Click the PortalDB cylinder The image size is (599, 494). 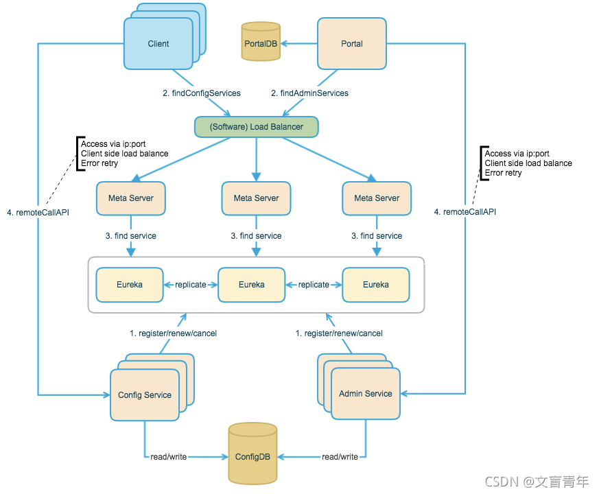261,41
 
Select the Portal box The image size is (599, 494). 352,43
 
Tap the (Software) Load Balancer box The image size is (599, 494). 257,127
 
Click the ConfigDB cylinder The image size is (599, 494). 252,454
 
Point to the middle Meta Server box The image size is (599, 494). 257,198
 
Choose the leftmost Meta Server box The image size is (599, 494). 131,198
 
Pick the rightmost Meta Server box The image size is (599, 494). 377,198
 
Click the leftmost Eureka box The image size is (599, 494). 130,285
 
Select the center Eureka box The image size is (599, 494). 251,285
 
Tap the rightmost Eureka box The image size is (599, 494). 376,285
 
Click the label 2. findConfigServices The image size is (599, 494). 202,93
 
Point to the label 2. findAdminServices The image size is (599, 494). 310,93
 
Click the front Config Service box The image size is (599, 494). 145,395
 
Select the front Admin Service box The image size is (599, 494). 366,394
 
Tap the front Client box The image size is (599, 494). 158,43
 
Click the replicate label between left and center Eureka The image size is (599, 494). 191,285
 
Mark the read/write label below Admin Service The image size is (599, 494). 340,456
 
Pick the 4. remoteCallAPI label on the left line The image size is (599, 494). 38,213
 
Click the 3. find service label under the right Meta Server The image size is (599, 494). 377,236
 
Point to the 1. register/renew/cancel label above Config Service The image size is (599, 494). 173,333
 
